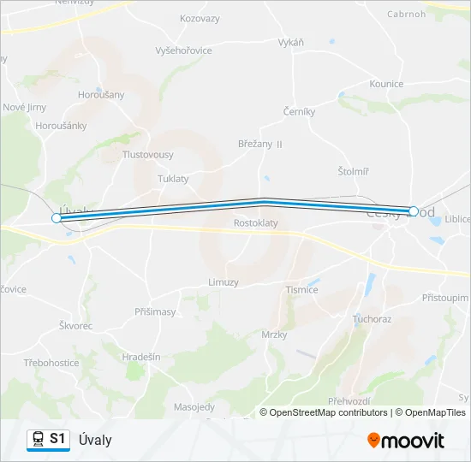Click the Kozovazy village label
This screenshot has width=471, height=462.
click(200, 18)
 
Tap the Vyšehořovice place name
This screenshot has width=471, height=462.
click(183, 51)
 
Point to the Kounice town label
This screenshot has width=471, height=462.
click(386, 84)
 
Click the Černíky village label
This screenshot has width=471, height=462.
click(299, 111)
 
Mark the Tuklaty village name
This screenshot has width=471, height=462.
click(173, 179)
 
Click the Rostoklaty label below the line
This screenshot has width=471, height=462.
click(256, 222)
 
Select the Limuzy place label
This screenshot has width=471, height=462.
click(224, 281)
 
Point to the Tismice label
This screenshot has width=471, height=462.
click(301, 289)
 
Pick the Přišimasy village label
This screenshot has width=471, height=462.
click(155, 312)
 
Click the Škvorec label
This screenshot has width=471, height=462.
click(75, 326)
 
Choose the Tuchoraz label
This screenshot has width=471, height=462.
click(372, 319)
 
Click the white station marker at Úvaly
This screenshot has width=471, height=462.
click(57, 218)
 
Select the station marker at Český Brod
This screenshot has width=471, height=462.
click(414, 210)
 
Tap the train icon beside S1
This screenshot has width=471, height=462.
click(37, 440)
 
